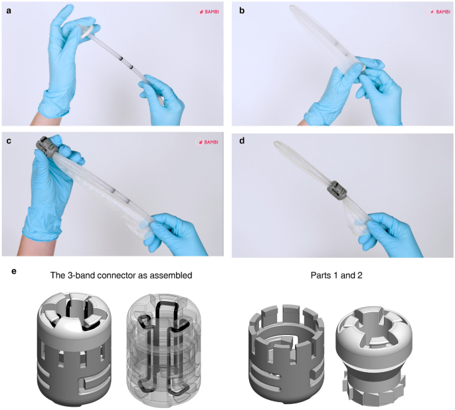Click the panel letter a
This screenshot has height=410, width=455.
coord(9,11)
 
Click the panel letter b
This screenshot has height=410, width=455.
coord(242,11)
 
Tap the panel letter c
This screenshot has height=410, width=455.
coord(9,141)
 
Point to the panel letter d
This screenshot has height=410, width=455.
coord(242,141)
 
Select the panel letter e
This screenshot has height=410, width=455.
coord(14,272)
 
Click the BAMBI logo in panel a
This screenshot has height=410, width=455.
coord(209,12)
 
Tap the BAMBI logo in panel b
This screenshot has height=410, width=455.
coord(439,12)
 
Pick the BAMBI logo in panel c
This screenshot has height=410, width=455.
coord(208,142)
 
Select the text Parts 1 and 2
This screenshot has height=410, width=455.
coord(336,275)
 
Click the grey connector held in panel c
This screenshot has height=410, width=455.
coord(45,148)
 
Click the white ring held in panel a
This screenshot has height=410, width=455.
coord(87,31)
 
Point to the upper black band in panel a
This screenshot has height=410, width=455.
coord(121,59)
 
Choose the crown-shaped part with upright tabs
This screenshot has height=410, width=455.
coord(286,352)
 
